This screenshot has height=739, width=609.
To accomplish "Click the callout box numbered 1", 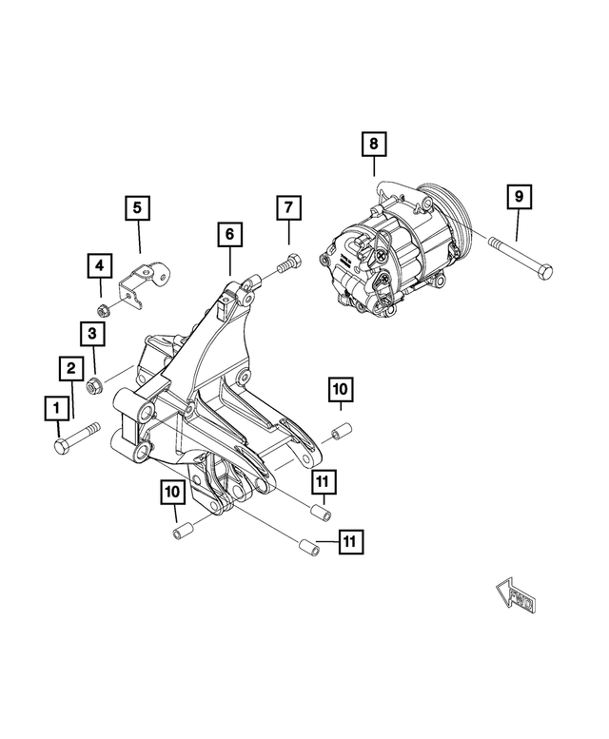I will tap(56, 409).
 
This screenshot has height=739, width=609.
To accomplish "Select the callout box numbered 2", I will tap(70, 367).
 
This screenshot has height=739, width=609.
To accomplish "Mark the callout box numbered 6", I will tap(229, 233).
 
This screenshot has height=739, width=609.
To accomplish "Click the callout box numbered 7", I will tap(289, 206).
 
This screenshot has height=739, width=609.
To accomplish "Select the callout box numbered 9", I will tap(519, 197).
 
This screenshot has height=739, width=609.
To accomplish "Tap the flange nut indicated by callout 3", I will tap(94, 385).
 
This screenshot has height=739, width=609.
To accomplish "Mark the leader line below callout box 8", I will tap(374, 169).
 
